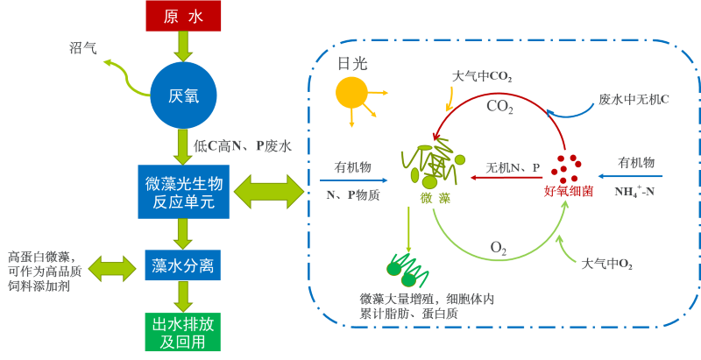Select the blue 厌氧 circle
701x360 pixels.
(183, 94)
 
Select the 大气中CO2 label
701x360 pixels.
(482, 77)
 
